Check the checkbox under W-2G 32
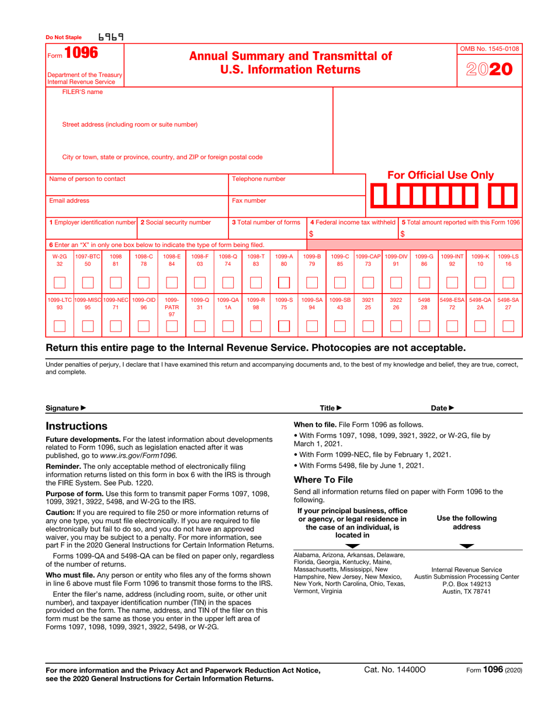(59, 283)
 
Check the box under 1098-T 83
(255, 283)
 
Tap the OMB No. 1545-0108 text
(489, 48)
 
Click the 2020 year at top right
(489, 69)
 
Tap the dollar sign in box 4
(311, 234)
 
